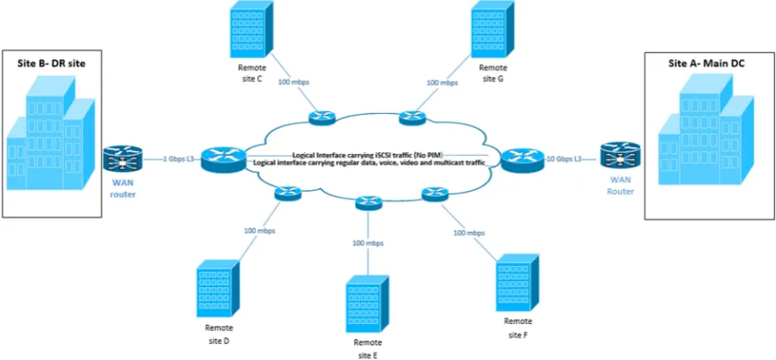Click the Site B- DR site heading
click(x=52, y=64)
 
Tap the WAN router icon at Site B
click(x=122, y=159)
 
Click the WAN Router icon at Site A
click(x=619, y=156)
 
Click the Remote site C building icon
click(x=251, y=29)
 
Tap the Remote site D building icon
click(x=218, y=289)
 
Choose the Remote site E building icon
click(x=367, y=304)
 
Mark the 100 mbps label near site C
click(x=295, y=83)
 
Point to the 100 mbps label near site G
click(x=442, y=83)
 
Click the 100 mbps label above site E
click(x=367, y=243)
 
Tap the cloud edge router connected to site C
click(x=322, y=118)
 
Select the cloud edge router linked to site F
click(x=434, y=194)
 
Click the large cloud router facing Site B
click(x=224, y=158)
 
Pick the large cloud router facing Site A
click(x=522, y=159)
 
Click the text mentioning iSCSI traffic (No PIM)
click(x=367, y=154)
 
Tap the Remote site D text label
click(x=218, y=334)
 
